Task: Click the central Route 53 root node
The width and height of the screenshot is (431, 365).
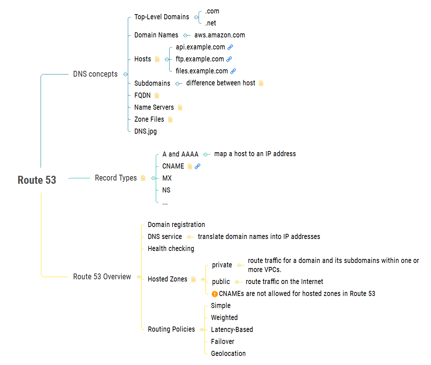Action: pos(37,180)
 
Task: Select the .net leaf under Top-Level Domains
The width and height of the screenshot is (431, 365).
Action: pos(210,23)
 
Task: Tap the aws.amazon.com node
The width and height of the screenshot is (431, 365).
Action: pos(219,35)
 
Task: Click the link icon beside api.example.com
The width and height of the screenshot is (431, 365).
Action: pos(230,47)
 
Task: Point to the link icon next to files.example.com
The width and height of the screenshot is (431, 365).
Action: pos(233,71)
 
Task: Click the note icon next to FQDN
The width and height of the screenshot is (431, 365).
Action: pos(157,96)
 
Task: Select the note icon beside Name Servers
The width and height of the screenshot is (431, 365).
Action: pos(180,108)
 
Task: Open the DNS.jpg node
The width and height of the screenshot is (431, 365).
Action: pos(145,131)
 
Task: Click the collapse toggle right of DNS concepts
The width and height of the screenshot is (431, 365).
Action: pos(125,74)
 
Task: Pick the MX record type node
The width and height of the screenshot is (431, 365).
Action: pos(167,178)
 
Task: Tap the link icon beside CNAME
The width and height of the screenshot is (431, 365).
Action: pos(198,166)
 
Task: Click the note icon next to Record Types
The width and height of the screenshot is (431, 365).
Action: pos(143,178)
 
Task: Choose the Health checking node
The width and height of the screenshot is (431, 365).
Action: pos(171,248)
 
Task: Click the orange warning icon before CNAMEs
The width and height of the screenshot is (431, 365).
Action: pos(215,294)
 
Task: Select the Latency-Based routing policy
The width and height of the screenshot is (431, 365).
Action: pos(232,329)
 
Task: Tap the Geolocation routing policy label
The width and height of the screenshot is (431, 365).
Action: pos(228,353)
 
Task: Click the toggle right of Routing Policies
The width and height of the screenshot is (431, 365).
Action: pos(202,329)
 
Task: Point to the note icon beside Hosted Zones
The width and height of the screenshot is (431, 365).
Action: pos(194,279)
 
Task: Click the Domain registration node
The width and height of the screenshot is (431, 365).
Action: pos(176,224)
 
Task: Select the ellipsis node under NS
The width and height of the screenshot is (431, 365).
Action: pos(165,202)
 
